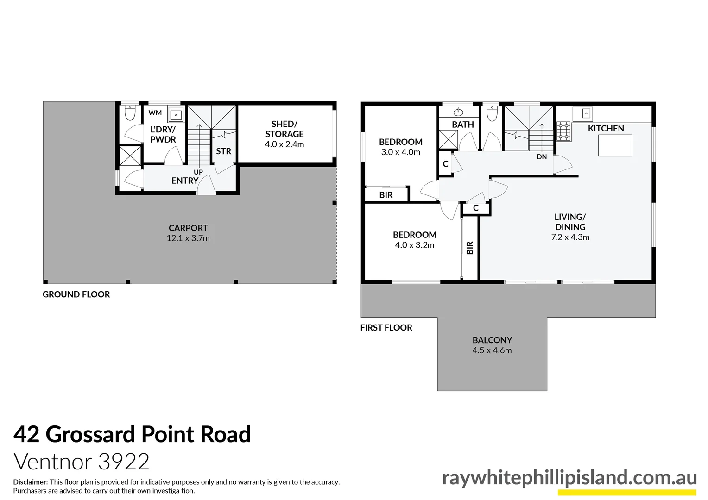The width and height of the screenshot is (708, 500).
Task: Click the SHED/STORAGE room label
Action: (x=284, y=129)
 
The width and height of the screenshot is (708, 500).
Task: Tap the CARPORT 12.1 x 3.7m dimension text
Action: (x=188, y=238)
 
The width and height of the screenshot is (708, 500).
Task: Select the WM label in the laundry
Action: (x=155, y=113)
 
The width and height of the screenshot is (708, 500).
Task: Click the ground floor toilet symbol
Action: (x=130, y=113)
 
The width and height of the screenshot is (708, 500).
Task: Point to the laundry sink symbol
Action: (x=176, y=115)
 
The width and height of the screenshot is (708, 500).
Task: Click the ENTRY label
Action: (x=185, y=181)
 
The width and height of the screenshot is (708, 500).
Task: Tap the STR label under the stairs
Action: (x=223, y=151)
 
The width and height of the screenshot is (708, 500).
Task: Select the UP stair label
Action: (x=198, y=172)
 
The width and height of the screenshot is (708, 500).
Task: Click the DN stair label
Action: (x=542, y=156)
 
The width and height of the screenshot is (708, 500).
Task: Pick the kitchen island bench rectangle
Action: (x=615, y=146)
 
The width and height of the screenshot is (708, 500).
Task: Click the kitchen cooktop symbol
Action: (x=563, y=131)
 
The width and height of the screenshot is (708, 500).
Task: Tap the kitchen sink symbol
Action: (x=582, y=114)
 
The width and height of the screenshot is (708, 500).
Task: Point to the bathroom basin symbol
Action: (x=458, y=112)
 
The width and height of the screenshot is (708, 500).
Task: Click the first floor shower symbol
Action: (x=448, y=139)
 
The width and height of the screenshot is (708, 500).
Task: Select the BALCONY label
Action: (x=492, y=340)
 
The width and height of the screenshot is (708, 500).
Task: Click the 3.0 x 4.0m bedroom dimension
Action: (x=400, y=152)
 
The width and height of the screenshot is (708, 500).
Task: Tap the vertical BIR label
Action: (x=470, y=248)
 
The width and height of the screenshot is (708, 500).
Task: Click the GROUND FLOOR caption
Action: (x=76, y=294)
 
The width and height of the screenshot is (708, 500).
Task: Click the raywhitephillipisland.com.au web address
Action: (x=569, y=478)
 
